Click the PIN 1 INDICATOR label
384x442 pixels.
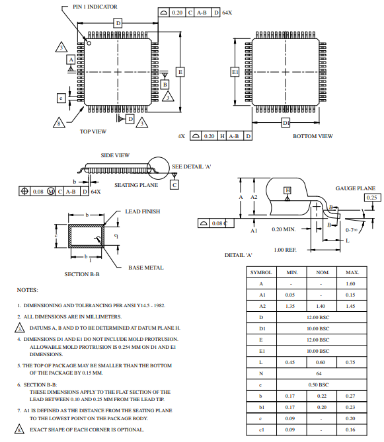coord(95,6)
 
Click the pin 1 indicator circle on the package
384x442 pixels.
coord(89,42)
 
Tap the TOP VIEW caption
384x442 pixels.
coord(93,131)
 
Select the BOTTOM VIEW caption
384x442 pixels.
coord(313,136)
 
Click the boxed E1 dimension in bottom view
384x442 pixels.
coord(235,71)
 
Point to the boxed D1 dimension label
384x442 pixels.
coord(286,122)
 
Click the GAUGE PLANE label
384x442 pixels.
coord(355,188)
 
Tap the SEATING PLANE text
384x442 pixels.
coord(135,185)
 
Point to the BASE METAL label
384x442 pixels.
coord(145,268)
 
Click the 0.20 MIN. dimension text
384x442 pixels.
coord(284,230)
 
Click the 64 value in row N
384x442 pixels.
coord(319,373)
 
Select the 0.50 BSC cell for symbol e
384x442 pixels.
coord(319,385)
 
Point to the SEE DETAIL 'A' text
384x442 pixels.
coord(191,166)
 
